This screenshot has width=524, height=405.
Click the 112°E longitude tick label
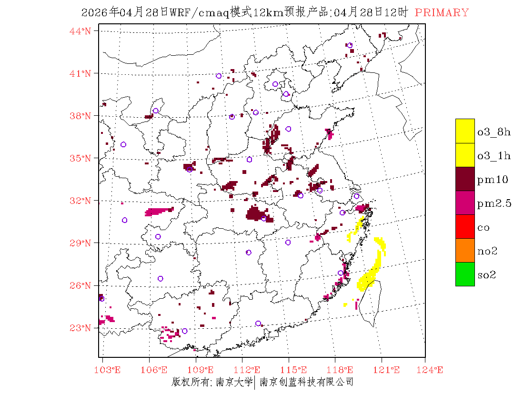[250, 370]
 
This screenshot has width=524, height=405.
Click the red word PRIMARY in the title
[442, 13]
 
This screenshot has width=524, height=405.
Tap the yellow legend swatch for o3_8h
[465, 131]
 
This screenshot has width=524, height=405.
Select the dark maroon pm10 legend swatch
[465, 179]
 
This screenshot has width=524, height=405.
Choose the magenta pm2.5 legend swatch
[465, 202]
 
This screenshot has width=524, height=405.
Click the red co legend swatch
[465, 226]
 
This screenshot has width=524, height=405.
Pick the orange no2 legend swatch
[465, 250]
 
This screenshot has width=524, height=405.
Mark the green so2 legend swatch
[465, 274]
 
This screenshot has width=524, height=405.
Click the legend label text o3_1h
[494, 156]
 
